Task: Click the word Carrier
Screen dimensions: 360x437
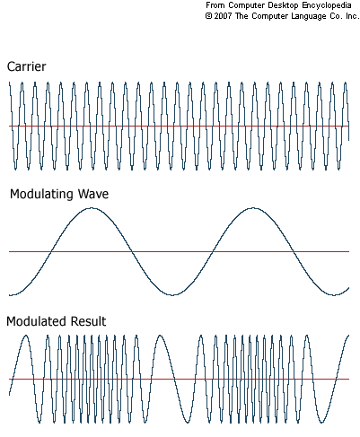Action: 26,66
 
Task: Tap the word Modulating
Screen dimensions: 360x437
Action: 41,195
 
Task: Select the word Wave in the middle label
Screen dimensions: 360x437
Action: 93,194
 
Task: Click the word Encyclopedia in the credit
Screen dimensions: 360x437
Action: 327,5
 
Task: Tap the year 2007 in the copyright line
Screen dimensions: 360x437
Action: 223,16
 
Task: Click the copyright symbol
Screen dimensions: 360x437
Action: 208,16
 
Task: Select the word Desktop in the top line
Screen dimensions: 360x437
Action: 284,5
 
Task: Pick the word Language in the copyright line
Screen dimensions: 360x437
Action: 309,16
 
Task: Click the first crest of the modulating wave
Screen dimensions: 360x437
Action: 92,208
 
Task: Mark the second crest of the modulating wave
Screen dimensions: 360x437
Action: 253,208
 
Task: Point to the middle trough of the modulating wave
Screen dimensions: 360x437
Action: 172,295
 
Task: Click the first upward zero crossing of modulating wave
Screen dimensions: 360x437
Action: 51,252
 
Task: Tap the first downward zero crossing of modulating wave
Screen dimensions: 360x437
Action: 132,252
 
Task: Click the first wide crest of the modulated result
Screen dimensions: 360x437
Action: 26,336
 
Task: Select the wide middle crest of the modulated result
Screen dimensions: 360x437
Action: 161,336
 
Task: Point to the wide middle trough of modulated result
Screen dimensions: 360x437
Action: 188,422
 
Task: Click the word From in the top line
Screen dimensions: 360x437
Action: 215,5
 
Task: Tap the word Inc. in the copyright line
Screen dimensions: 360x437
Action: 352,16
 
